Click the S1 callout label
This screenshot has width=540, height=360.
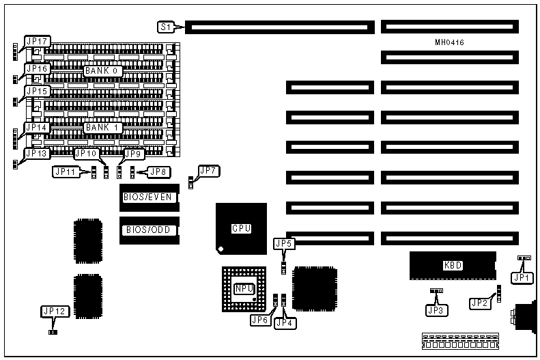coord(165,27)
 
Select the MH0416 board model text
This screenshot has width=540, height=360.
coord(450,42)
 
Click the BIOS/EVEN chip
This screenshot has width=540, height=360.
coord(148,197)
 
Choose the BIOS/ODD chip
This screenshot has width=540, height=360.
coord(148,230)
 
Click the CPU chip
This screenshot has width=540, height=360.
coord(242,229)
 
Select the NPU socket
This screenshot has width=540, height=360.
coord(244,289)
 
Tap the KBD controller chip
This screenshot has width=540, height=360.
coord(453,265)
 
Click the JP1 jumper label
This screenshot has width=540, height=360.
coord(522,277)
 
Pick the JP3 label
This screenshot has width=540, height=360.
coord(435,310)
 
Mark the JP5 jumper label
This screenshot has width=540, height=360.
coord(283,243)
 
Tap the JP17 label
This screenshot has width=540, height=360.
coord(36,42)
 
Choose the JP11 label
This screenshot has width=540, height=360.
coord(66,171)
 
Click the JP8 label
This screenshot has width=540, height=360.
coord(158,171)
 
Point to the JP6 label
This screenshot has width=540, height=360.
coord(259,320)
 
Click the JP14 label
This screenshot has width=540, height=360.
coord(36,127)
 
